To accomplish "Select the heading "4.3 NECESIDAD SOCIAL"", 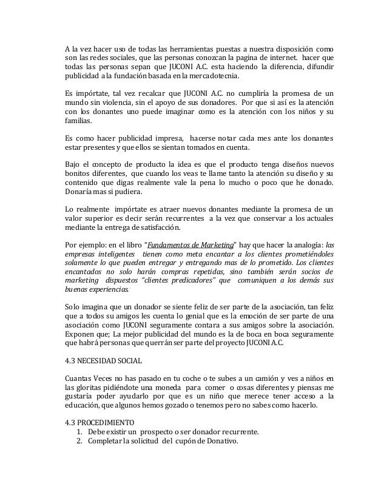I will pos(103,361).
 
